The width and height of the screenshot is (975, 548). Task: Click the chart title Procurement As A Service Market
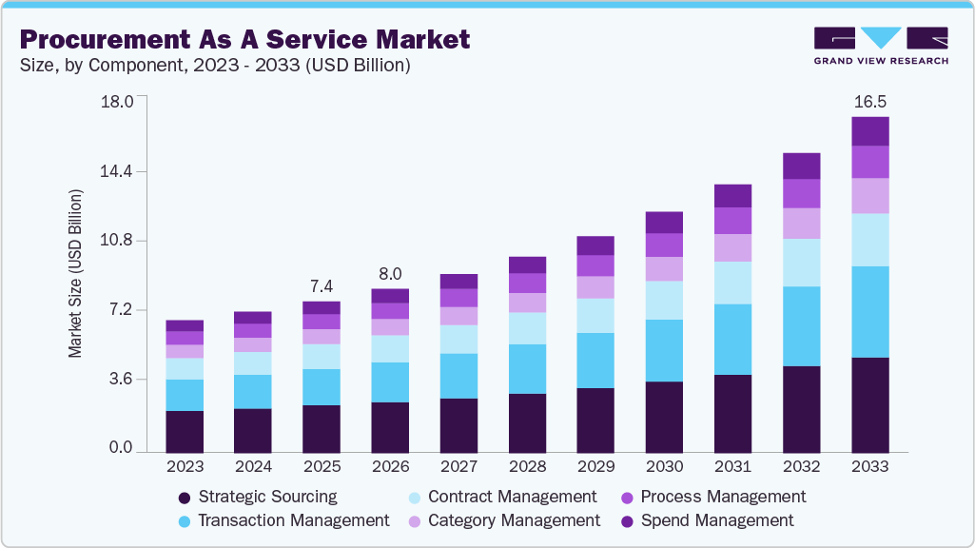244,39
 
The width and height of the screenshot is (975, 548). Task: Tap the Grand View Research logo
880,45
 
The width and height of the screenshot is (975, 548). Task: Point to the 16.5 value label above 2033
869,101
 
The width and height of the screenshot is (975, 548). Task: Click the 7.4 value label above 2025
321,286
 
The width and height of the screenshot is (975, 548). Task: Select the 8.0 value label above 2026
390,274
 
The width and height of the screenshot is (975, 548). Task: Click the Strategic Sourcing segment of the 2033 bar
869,404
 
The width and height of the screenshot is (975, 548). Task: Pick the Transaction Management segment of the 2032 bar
801,326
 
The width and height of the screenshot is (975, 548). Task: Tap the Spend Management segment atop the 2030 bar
664,223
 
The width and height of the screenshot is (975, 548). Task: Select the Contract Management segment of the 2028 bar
527,328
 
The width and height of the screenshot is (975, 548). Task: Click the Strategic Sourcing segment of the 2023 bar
185,431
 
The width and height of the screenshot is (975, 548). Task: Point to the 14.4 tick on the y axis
119,171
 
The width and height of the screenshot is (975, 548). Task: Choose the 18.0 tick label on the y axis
119,102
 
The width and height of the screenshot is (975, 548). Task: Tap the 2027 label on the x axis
458,467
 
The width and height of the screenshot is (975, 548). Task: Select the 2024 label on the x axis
253,467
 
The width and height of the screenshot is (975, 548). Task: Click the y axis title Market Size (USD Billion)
75,274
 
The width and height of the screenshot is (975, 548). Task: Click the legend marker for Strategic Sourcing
185,498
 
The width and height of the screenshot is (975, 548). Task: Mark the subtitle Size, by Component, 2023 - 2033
214,66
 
